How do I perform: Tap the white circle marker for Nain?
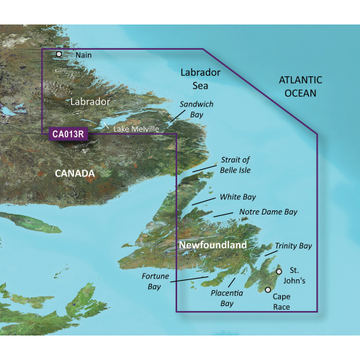pos(59,53)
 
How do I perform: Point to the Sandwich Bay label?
pos(197,109)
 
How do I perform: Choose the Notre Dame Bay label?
pos(267,212)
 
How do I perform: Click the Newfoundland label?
pos(212,245)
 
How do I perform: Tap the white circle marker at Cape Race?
pos(269,290)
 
